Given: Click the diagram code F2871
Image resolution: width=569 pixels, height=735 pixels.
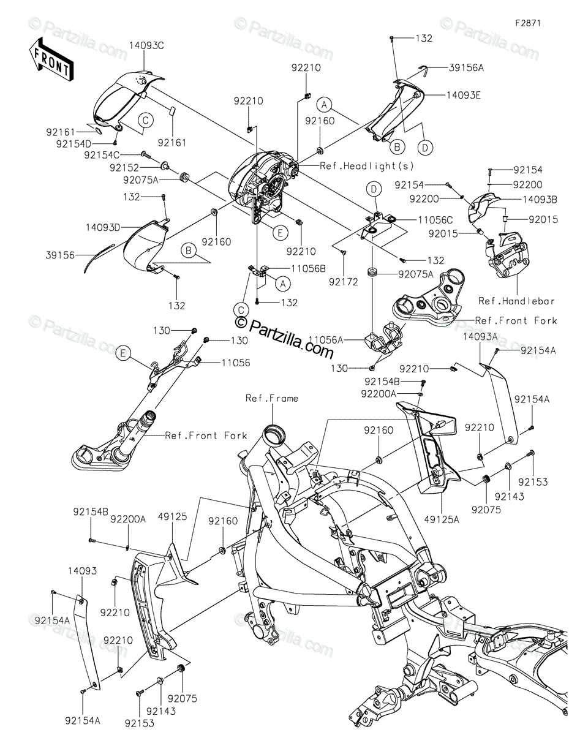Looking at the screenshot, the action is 528,23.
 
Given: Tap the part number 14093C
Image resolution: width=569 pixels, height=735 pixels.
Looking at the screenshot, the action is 146,46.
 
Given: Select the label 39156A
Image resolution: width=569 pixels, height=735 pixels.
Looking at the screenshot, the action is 466,68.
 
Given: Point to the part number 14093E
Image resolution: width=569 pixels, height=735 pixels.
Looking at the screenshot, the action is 464,95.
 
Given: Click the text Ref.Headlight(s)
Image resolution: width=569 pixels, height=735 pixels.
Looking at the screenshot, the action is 366,166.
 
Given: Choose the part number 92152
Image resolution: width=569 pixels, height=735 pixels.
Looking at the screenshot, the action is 124,168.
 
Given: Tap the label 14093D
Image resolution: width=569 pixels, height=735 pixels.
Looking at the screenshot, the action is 103,228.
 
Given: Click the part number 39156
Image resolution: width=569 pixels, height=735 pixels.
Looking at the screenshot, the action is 60,255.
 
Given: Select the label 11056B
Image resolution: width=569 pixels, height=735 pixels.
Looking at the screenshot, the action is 308,269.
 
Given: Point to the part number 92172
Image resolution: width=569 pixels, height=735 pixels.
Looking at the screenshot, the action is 344,282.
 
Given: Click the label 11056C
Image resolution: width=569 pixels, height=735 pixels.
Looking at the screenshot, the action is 435,221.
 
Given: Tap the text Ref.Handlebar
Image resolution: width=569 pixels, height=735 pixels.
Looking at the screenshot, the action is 516,301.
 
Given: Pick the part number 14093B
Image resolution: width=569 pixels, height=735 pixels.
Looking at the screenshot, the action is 540,200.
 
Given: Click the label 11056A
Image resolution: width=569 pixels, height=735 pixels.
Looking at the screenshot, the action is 326,339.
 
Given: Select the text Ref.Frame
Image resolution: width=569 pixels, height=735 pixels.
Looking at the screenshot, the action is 272,399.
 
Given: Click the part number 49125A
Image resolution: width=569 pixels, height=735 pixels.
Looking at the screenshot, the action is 442,519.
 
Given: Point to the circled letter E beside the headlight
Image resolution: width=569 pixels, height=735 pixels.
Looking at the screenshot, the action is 281,233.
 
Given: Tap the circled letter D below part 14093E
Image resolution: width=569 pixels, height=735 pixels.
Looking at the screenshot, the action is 425,147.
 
